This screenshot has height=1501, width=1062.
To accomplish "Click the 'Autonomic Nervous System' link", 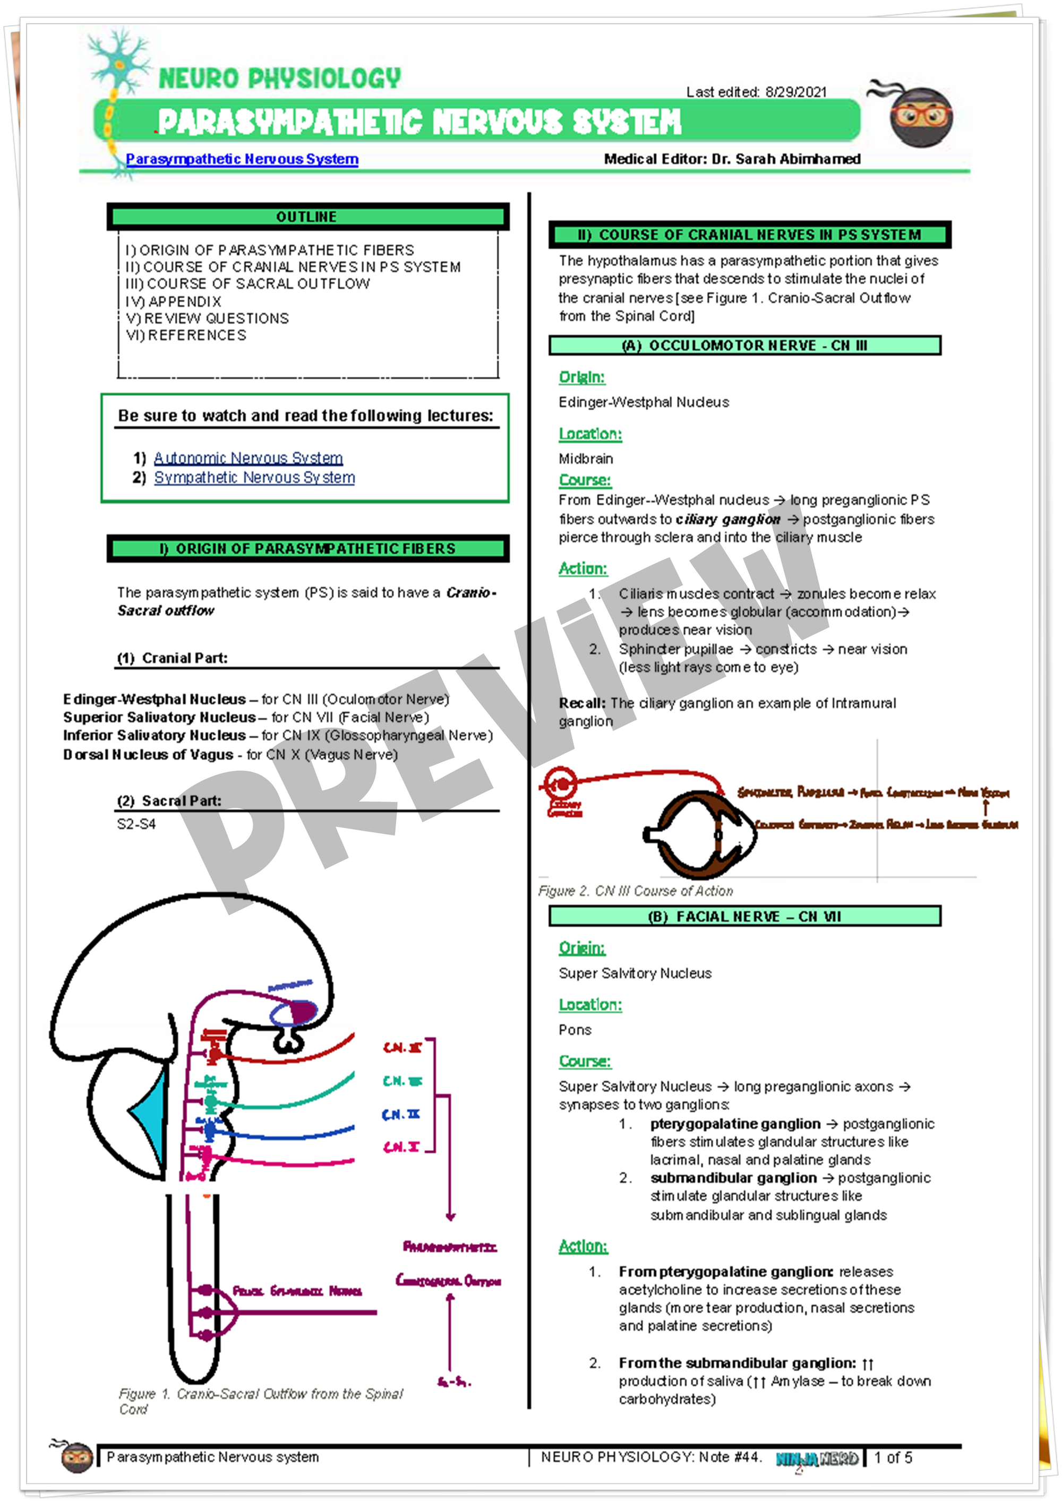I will click(x=248, y=458).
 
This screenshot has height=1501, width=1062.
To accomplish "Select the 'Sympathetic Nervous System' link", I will click(x=254, y=477).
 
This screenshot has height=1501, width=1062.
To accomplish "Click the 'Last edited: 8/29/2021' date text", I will click(x=756, y=92).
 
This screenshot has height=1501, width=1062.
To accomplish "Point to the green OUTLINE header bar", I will click(x=307, y=217).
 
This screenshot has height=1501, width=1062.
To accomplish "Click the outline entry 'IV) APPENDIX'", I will click(x=173, y=301).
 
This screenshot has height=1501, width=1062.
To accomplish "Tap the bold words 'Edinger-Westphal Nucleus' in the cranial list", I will click(x=155, y=699).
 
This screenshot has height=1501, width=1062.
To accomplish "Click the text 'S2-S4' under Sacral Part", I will click(x=136, y=824).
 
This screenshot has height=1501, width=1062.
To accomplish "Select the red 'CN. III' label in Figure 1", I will click(x=402, y=1047).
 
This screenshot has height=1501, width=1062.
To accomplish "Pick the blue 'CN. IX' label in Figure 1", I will click(x=401, y=1114).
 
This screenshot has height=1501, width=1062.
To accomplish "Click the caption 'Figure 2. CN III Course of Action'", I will click(x=635, y=891).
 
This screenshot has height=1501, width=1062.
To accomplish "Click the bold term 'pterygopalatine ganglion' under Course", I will click(x=734, y=1123).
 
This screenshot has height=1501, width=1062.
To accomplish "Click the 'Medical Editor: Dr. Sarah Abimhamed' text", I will click(x=732, y=159).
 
